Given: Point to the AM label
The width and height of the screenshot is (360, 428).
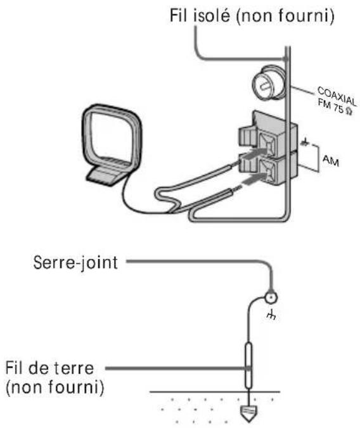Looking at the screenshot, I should (330, 162).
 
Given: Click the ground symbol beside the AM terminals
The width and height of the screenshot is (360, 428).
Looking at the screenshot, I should (305, 144).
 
